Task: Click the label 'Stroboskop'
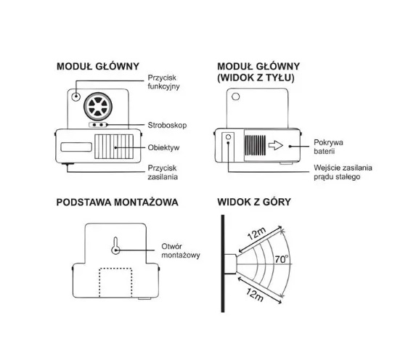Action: coord(167,125)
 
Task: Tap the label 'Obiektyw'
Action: coord(163,147)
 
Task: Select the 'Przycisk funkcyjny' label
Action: coord(163,82)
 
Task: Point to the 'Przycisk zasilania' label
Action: coord(163,173)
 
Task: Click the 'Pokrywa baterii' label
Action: coord(328,147)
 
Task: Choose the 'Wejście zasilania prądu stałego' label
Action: coord(343,172)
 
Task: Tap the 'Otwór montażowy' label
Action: coord(181,250)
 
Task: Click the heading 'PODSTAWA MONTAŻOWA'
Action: coord(118,202)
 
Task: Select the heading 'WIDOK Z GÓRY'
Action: coord(254,202)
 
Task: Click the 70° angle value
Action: coord(281,259)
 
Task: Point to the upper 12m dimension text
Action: coord(256,234)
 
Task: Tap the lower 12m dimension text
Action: coord(255,295)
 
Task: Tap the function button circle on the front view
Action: coord(76,97)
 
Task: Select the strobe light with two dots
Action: coord(97,125)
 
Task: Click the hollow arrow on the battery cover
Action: coord(276,145)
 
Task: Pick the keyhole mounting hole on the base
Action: coord(115,245)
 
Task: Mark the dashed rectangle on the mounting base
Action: coord(115,283)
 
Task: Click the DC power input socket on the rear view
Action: coord(229,137)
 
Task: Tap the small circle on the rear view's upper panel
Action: coord(236,97)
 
